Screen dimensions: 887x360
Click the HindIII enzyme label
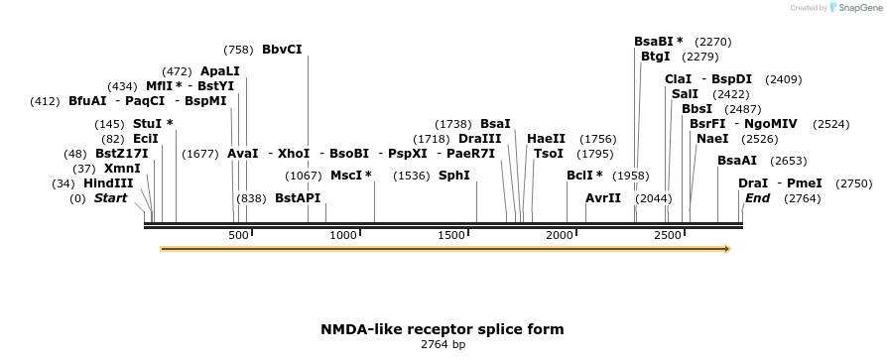coord(107,183)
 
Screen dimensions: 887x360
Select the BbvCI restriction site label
coord(282,50)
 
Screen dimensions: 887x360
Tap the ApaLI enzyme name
coord(219,71)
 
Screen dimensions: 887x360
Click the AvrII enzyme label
coord(603,198)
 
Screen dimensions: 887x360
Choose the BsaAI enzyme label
coord(736,161)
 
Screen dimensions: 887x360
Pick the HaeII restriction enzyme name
coord(546,139)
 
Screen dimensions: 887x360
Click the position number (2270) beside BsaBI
coord(713,42)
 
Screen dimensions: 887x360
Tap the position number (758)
coord(238,50)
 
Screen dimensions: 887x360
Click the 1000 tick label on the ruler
coord(343,235)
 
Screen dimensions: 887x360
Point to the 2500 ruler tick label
coord(667,235)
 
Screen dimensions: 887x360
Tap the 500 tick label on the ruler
coord(238,235)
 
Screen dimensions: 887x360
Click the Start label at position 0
coord(111,198)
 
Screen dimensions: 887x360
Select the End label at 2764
coord(757,198)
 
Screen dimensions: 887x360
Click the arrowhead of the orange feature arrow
coord(727,249)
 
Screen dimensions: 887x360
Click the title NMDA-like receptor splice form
coord(442,329)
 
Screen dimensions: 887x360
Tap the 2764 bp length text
coord(443,345)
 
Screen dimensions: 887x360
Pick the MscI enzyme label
coord(349,176)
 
